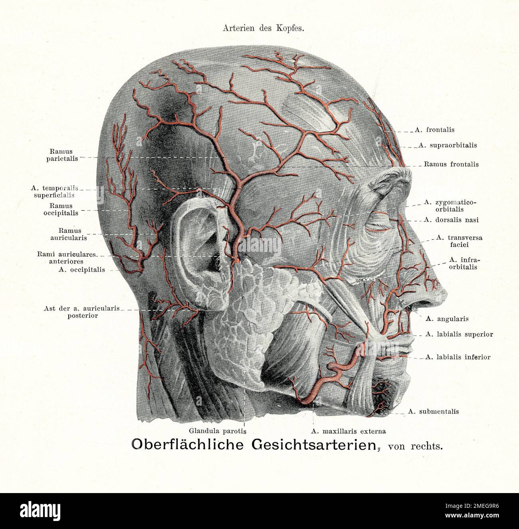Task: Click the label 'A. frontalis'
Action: (435, 130)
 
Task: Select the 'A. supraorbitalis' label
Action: (448, 145)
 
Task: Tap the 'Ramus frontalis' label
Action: (451, 164)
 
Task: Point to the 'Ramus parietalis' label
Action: (62, 155)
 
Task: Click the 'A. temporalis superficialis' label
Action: (54, 192)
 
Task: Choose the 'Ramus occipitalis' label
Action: (61, 209)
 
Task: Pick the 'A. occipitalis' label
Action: (81, 269)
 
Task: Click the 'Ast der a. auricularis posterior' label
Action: (82, 312)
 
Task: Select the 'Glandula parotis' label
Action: (218, 431)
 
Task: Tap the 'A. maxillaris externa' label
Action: (349, 431)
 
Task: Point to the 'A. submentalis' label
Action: (433, 411)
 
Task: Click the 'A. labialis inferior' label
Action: (458, 357)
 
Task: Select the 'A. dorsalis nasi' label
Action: (451, 220)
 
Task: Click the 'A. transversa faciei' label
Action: (459, 241)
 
